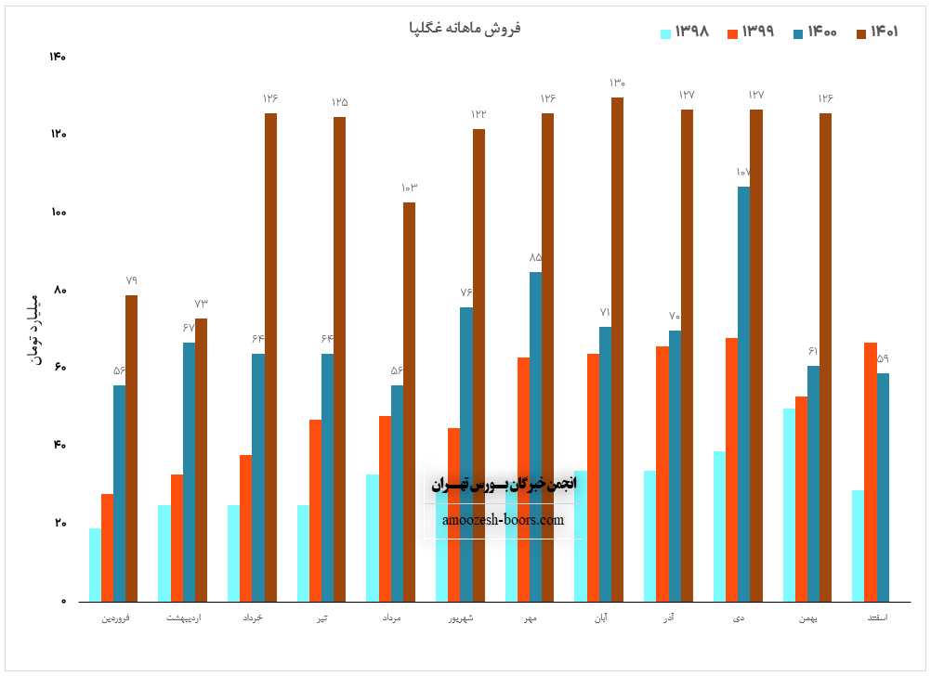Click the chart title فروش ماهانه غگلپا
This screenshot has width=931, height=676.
click(465, 28)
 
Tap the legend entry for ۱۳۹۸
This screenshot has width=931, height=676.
click(685, 32)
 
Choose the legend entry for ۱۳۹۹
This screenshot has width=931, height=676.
click(750, 32)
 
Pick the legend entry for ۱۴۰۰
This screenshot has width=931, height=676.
click(814, 32)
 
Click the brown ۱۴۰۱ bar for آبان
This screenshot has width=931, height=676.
click(617, 349)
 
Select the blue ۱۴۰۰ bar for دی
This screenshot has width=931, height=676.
click(744, 394)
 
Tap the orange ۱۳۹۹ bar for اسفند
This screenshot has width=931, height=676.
click(871, 472)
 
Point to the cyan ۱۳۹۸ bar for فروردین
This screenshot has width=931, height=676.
click(95, 565)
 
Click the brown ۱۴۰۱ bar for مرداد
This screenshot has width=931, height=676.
click(409, 401)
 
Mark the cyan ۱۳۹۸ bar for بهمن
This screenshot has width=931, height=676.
click(789, 504)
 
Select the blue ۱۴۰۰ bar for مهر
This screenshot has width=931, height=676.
click(536, 436)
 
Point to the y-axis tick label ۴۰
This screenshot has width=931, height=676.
click(59, 446)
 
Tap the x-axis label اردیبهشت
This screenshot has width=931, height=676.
click(182, 617)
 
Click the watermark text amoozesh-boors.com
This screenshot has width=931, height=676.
click(503, 520)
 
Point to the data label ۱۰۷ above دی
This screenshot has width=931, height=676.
click(742, 173)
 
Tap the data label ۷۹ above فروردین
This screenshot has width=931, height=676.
click(131, 280)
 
